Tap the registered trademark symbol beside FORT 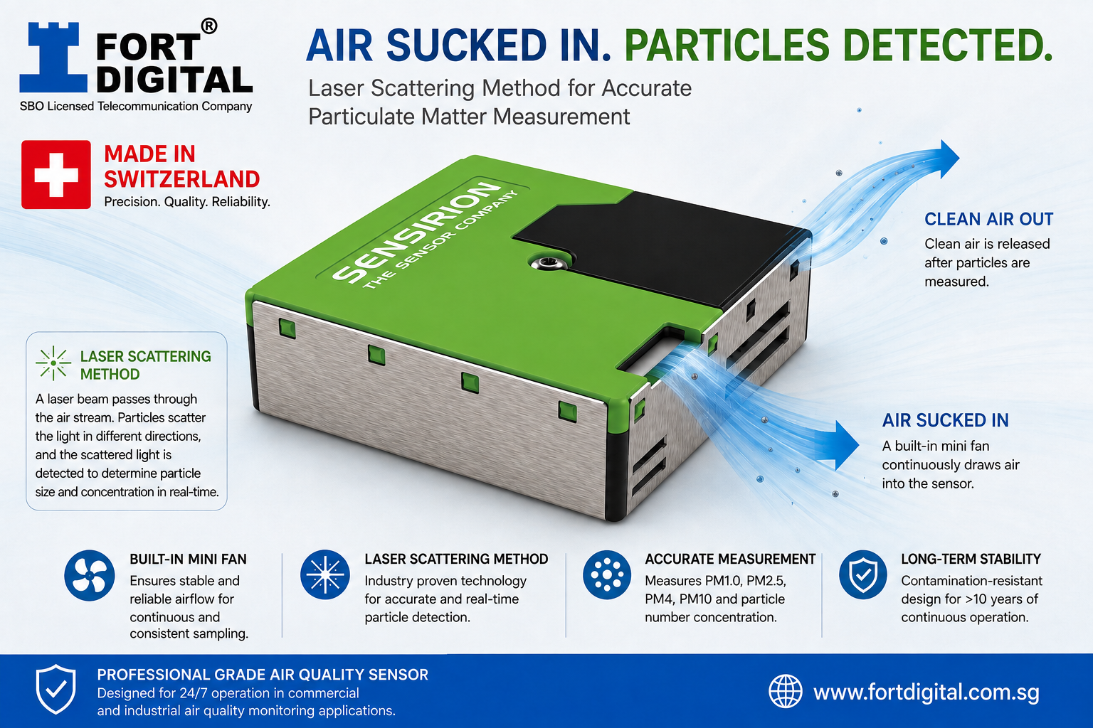click(208, 26)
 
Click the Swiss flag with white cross click(56, 175)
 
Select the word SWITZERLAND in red click(181, 179)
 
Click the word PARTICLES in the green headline click(727, 45)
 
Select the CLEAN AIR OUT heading click(988, 220)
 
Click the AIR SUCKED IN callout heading click(945, 420)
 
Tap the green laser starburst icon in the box click(53, 363)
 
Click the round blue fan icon click(89, 575)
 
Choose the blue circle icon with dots click(606, 575)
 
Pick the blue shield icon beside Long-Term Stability click(862, 575)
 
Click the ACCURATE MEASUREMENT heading click(730, 560)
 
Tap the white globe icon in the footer click(785, 692)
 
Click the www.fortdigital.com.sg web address click(926, 693)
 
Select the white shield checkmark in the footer click(56, 689)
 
